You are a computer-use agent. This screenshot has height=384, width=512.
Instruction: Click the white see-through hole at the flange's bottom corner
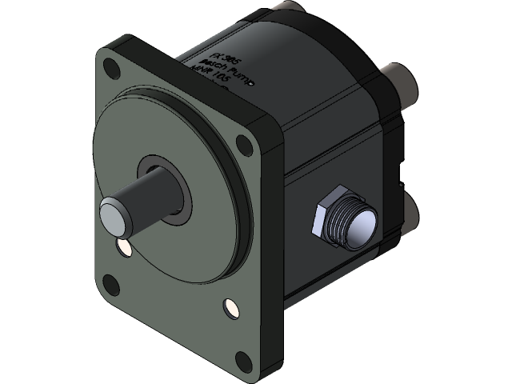[231, 306]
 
